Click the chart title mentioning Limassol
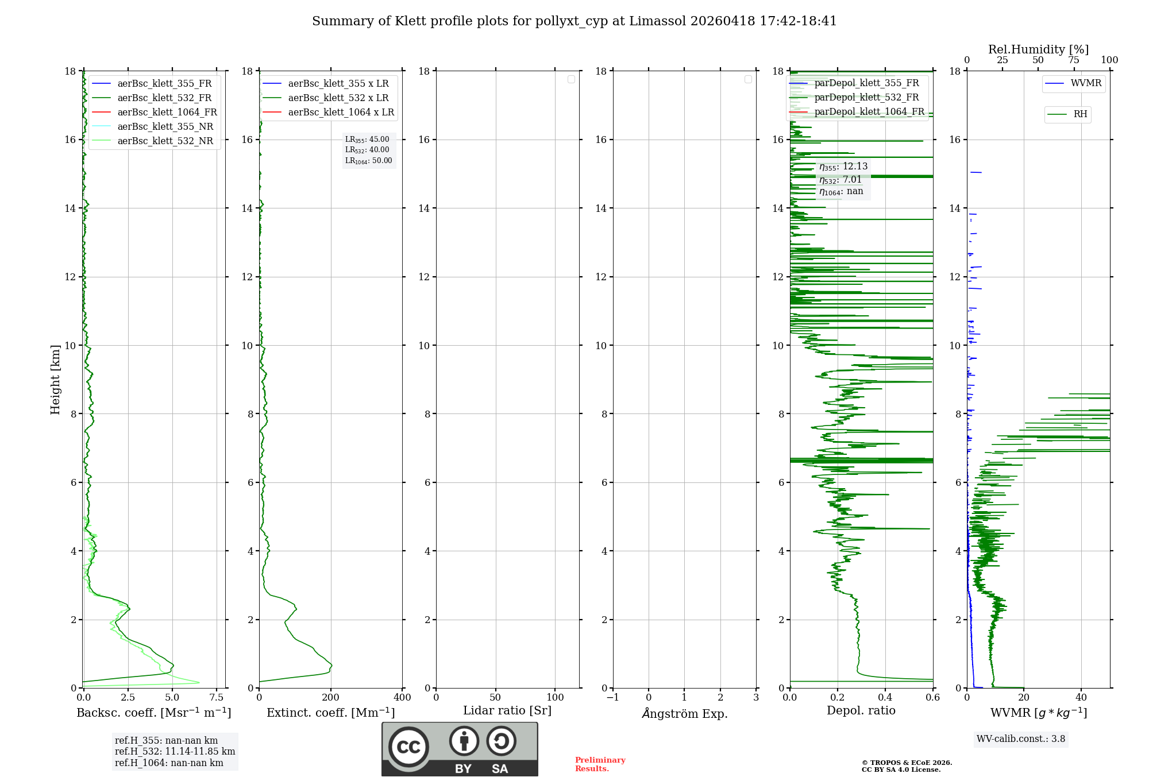coord(574,21)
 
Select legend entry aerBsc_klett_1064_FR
coord(167,112)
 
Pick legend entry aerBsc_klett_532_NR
coord(165,141)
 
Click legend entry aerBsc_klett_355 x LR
coord(338,83)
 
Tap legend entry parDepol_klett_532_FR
coord(866,98)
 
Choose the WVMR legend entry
coord(1085,83)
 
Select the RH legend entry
coord(1079,114)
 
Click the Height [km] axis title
coord(55,379)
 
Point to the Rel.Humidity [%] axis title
coord(1038,49)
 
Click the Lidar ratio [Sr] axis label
coord(507,711)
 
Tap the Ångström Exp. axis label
coord(684,713)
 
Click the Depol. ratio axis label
coord(861,711)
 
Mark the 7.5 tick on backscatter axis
coord(217,697)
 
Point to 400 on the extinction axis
coord(402,697)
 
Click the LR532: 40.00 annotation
coord(367,150)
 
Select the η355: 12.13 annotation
coord(843,167)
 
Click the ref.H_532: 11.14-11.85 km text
coord(175,752)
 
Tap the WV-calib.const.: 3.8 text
coord(1020,739)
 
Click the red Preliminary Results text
coord(600,764)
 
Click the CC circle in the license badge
coord(408,747)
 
